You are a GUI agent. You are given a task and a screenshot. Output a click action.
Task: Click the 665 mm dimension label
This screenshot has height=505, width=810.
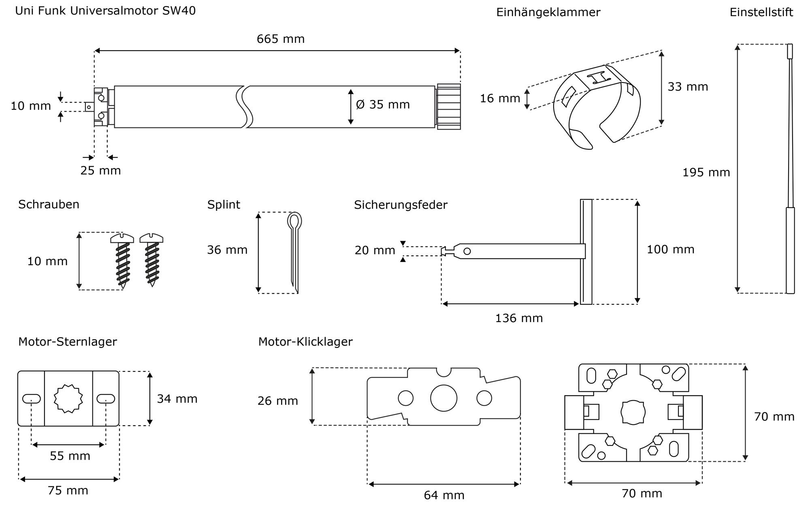280,39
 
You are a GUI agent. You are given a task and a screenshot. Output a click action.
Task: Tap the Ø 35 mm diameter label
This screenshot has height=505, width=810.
383,104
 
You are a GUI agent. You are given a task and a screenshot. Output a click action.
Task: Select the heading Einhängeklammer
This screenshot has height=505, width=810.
548,12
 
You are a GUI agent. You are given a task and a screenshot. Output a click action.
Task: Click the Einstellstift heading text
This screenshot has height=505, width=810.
761,12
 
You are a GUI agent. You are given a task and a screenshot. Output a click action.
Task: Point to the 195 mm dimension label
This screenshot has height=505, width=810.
706,172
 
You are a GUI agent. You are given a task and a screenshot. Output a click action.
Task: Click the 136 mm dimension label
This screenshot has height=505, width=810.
519,318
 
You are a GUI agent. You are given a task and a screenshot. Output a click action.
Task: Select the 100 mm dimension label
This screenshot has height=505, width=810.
670,249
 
